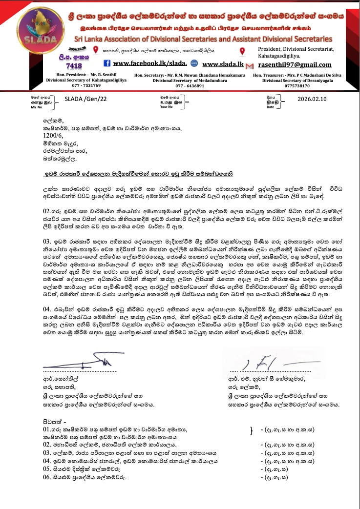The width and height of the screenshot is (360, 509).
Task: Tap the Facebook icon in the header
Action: [x=107, y=64]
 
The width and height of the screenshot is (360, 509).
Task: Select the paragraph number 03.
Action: [x=47, y=241]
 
